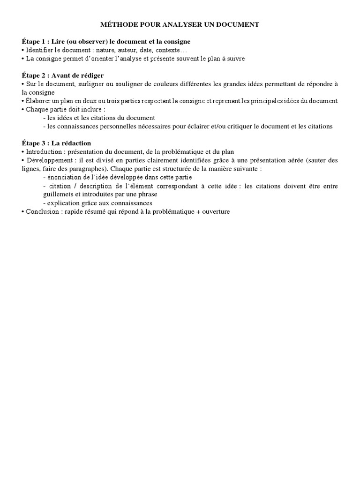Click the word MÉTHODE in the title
(x=116, y=24)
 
